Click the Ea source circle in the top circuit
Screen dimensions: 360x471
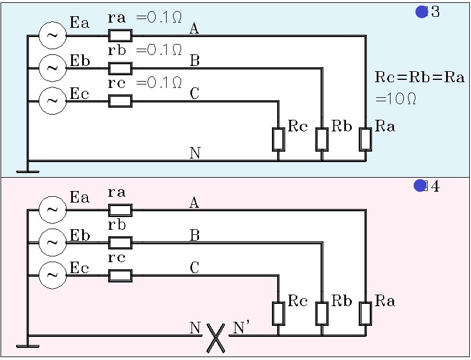click(52, 36)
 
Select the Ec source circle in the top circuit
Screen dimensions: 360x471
click(52, 101)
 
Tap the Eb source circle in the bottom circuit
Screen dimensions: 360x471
click(52, 242)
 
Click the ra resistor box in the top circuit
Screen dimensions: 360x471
click(120, 36)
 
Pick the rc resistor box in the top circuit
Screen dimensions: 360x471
click(120, 101)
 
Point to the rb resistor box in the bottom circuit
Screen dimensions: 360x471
click(120, 242)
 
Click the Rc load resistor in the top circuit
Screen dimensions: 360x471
click(278, 139)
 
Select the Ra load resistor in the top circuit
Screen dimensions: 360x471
click(365, 139)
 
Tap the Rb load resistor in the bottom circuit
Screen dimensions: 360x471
click(322, 313)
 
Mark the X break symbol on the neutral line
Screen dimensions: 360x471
click(215, 337)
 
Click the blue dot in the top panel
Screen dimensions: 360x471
click(421, 12)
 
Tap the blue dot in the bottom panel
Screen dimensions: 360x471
click(420, 186)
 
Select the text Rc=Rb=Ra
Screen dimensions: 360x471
click(420, 78)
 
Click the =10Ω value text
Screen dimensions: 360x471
click(396, 99)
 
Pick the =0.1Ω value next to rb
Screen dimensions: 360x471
click(159, 50)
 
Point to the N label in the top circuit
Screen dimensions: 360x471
click(195, 153)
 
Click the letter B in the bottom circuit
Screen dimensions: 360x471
click(195, 235)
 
